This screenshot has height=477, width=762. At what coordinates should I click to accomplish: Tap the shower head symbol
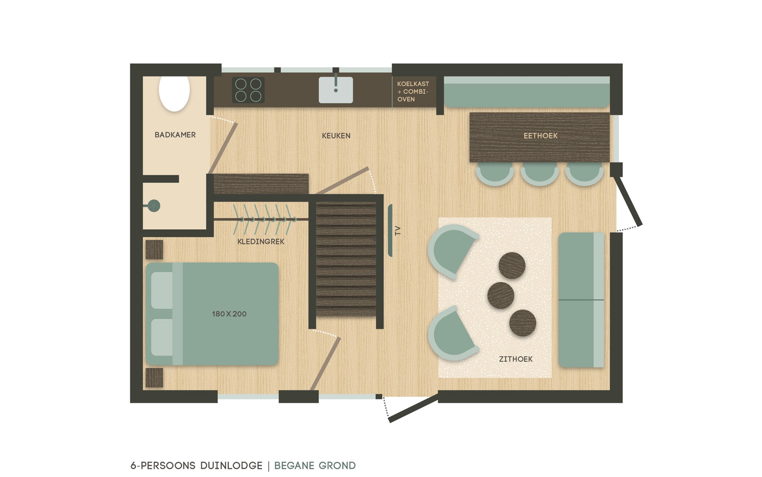(153, 206)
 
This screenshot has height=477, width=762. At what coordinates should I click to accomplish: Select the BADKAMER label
(175, 135)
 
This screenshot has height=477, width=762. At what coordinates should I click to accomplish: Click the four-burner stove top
(248, 90)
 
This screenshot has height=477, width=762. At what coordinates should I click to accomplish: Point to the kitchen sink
(336, 90)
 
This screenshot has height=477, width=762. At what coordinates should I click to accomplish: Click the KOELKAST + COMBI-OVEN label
(413, 91)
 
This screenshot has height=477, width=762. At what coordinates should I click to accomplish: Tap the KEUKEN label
(336, 136)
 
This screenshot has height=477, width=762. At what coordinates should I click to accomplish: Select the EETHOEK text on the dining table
(541, 136)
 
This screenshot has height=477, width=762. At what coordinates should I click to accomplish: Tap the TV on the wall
(390, 231)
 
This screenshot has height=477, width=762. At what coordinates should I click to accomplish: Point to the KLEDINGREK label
(261, 242)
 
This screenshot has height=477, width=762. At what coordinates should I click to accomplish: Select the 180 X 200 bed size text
(229, 314)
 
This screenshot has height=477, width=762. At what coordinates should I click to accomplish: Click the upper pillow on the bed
(162, 290)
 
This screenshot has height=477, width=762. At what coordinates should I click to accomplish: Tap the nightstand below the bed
(154, 378)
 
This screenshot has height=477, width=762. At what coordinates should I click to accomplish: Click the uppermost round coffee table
(512, 266)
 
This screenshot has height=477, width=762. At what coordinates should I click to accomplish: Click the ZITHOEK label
(516, 359)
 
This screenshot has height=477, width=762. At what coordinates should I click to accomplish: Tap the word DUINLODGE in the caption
(231, 465)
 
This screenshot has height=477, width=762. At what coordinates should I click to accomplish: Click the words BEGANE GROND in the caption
(315, 465)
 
